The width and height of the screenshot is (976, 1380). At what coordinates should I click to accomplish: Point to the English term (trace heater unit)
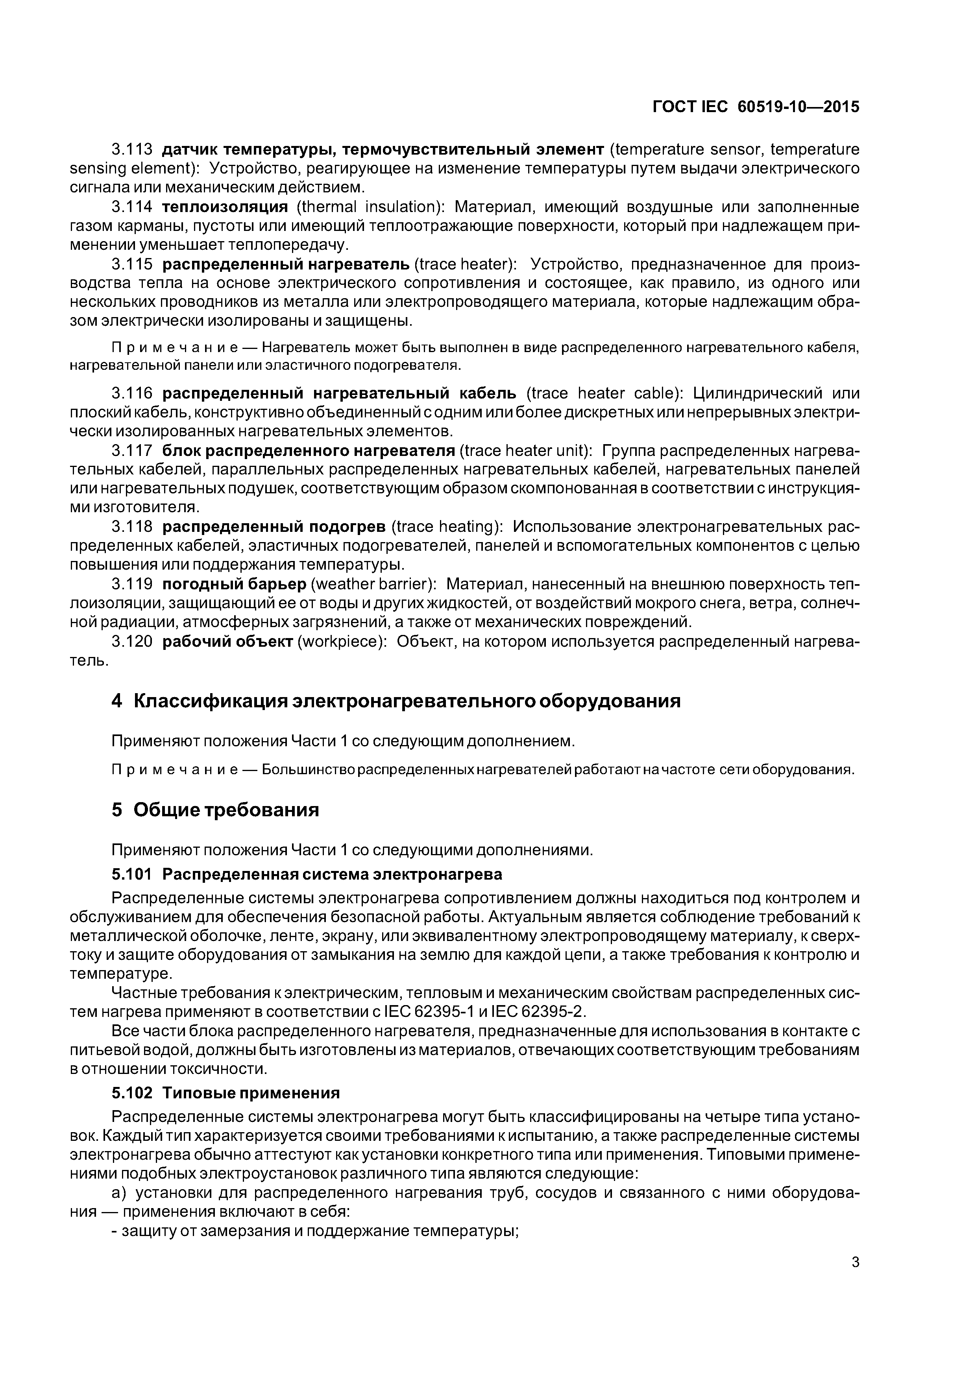pyautogui.click(x=527, y=451)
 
